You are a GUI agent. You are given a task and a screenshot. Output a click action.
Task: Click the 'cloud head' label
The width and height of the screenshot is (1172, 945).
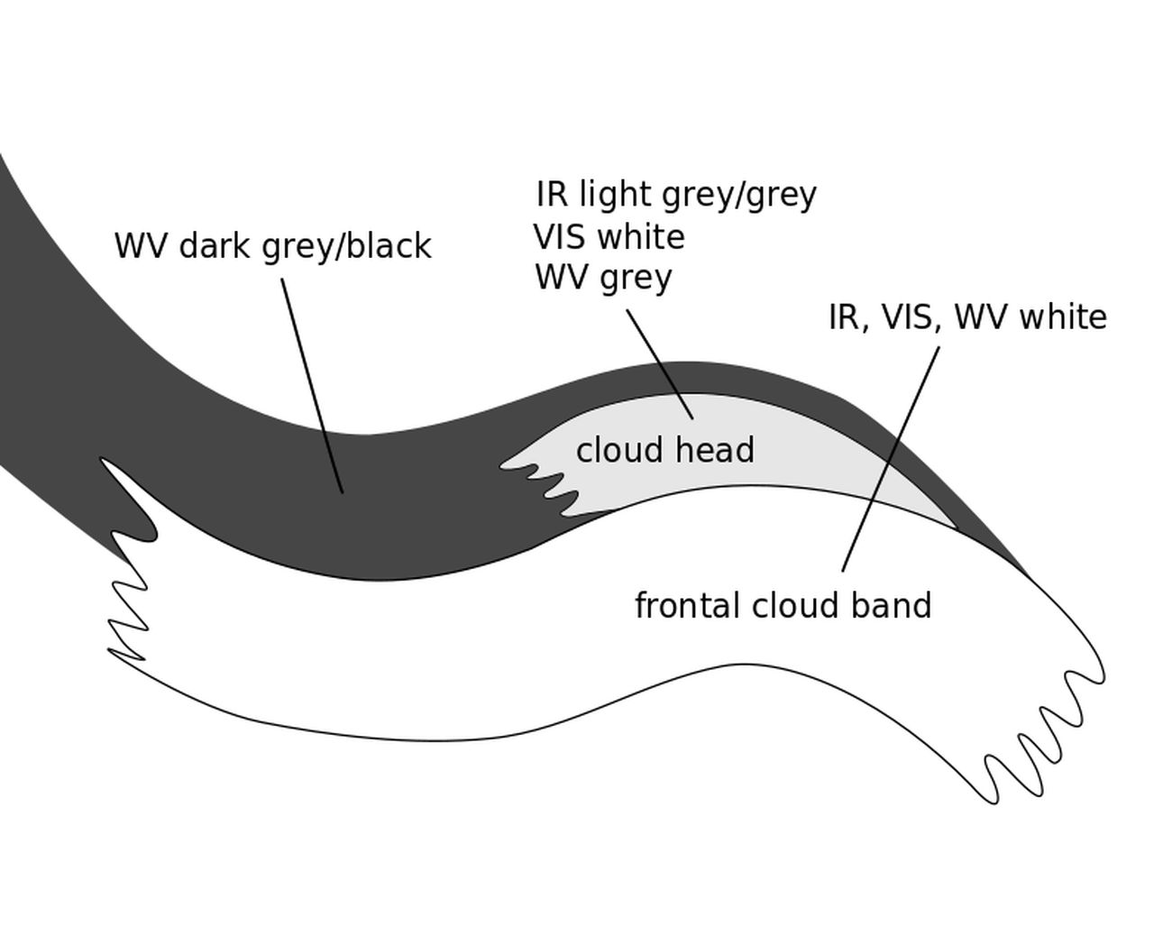coord(664,450)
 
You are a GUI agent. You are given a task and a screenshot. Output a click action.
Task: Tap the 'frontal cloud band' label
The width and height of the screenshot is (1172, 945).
coord(783,605)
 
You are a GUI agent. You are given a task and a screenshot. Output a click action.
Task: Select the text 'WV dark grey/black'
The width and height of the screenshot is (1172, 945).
coord(272,245)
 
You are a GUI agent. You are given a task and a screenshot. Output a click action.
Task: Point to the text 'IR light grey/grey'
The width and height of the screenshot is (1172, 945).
coord(676,194)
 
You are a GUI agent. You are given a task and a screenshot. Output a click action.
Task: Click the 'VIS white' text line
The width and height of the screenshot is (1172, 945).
coord(609,237)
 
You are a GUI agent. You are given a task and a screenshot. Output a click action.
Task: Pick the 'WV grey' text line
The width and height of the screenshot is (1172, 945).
coord(603,277)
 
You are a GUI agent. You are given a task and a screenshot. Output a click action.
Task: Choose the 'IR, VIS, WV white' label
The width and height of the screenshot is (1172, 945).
coord(966,317)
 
